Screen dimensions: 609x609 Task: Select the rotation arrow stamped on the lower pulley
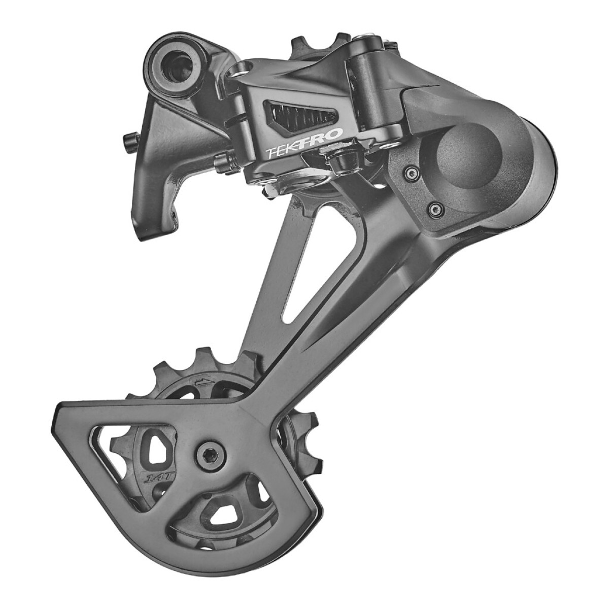(x=202, y=381)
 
